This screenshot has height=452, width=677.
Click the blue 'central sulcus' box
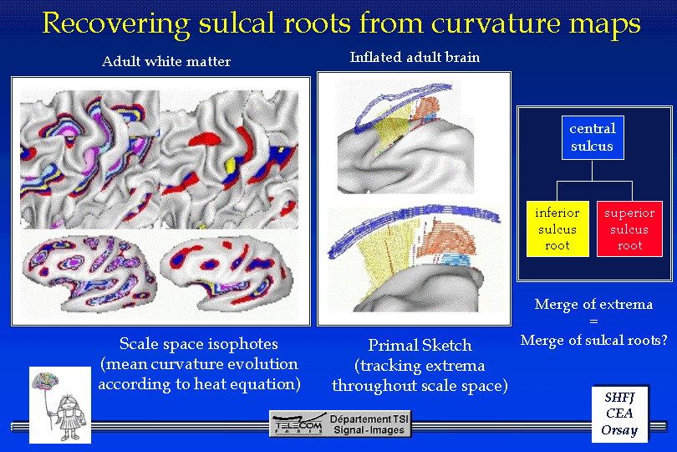(593, 137)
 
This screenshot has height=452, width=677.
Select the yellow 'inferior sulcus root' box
(557, 229)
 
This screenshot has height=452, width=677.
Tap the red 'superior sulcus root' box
(629, 229)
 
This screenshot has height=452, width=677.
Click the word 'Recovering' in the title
(116, 24)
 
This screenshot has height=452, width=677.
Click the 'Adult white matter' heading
(166, 61)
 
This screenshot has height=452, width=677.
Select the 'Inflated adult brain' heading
(415, 57)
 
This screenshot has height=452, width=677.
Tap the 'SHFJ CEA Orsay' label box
(619, 414)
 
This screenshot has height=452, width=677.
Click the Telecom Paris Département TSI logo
(340, 424)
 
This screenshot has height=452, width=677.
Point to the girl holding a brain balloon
(67, 418)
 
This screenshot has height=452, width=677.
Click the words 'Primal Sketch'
(420, 345)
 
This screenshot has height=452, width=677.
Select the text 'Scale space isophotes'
(199, 344)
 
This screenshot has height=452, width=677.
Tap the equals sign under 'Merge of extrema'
(593, 321)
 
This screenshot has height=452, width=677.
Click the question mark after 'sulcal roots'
(663, 340)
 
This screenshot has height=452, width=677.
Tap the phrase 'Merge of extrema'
(593, 304)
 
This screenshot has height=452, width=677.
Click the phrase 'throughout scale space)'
(420, 386)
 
